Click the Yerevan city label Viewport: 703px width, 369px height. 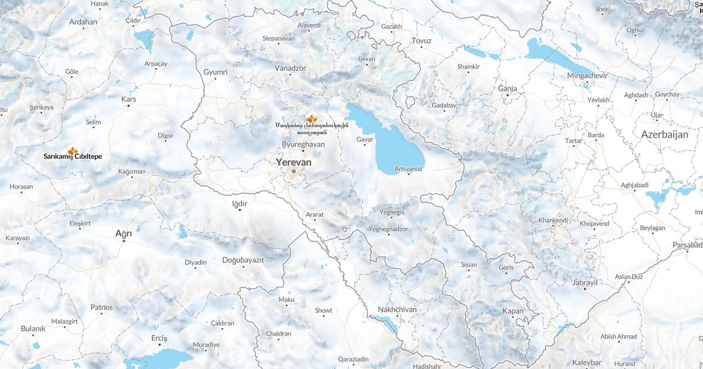pyautogui.click(x=294, y=162)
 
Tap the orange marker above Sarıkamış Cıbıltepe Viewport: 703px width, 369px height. pyautogui.click(x=72, y=151)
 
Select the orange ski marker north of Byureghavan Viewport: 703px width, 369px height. pyautogui.click(x=311, y=118)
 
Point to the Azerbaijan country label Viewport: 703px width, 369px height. pyautogui.click(x=664, y=134)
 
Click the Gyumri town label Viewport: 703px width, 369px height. pyautogui.click(x=215, y=72)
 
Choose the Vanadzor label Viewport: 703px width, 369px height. pyautogui.click(x=291, y=68)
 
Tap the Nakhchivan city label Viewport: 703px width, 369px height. pyautogui.click(x=397, y=309)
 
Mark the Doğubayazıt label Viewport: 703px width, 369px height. pyautogui.click(x=244, y=259)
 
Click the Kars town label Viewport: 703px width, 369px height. pyautogui.click(x=128, y=100)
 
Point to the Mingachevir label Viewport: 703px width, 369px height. pyautogui.click(x=588, y=76)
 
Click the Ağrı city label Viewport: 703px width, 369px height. pyautogui.click(x=124, y=233)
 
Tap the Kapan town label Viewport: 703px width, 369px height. pyautogui.click(x=513, y=310)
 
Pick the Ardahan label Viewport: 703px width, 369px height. pyautogui.click(x=83, y=22)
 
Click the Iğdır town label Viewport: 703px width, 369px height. pyautogui.click(x=240, y=203)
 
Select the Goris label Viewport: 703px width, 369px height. pyautogui.click(x=506, y=267)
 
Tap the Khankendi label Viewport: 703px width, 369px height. pyautogui.click(x=553, y=220)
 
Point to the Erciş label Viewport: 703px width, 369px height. pyautogui.click(x=159, y=339)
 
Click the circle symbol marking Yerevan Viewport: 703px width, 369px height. pyautogui.click(x=294, y=171)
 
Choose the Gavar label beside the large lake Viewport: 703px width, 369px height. pyautogui.click(x=364, y=139)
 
